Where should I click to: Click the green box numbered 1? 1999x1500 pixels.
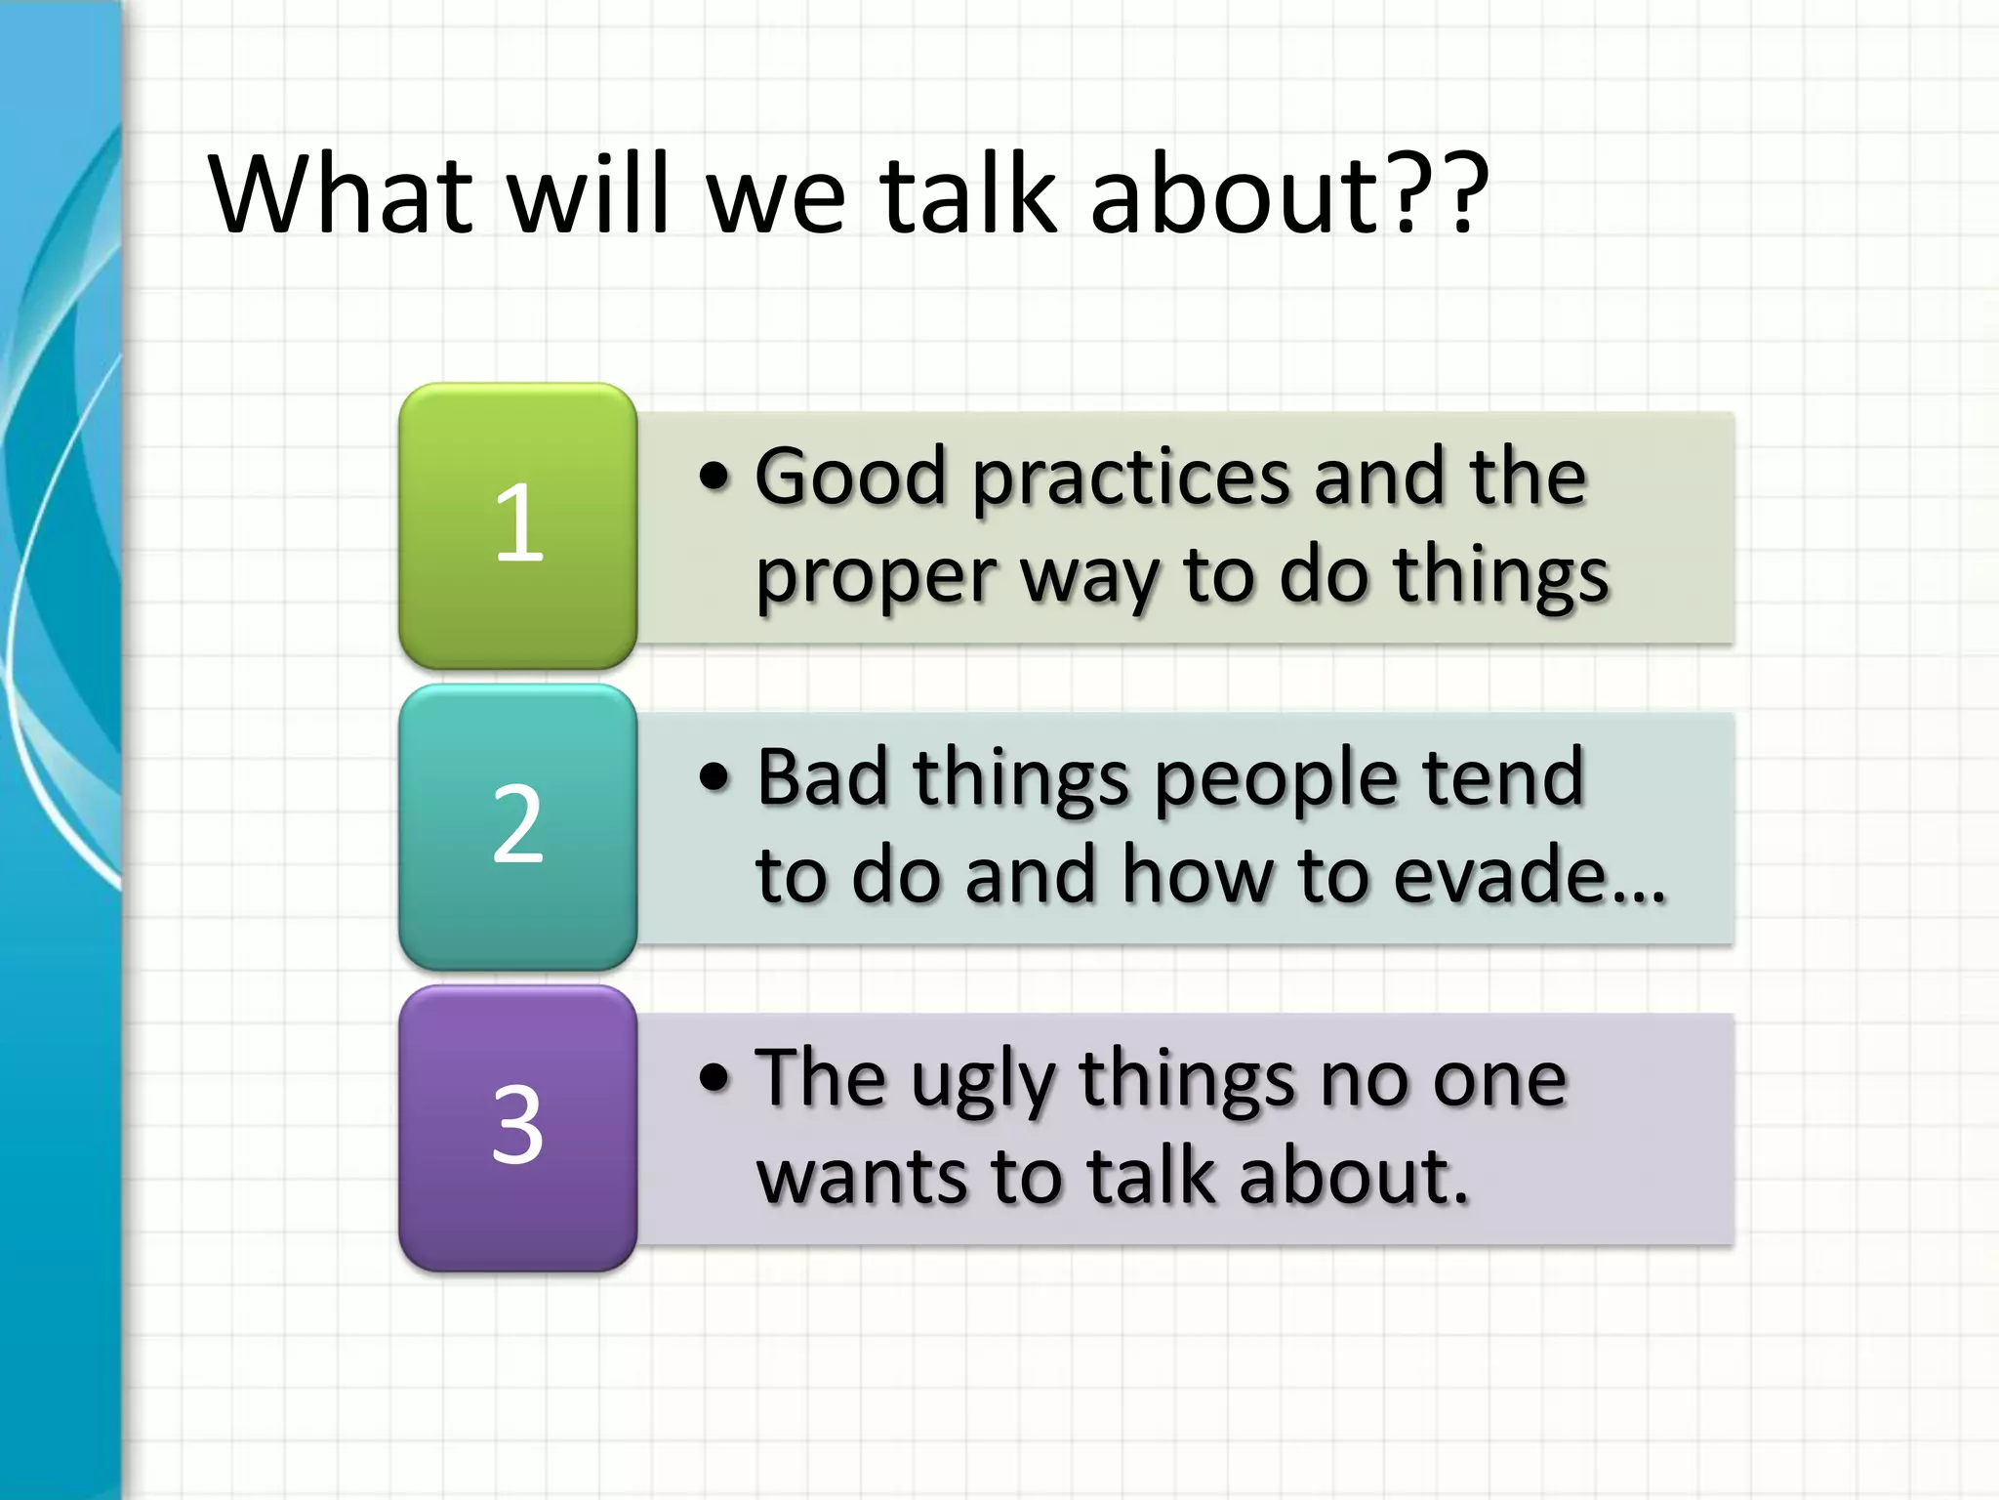coord(517,525)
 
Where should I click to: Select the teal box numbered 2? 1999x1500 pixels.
coord(517,826)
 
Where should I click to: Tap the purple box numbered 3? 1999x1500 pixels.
coord(517,1127)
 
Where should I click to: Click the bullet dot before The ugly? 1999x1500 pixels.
coord(714,1078)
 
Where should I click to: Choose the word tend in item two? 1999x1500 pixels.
coord(1503,777)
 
